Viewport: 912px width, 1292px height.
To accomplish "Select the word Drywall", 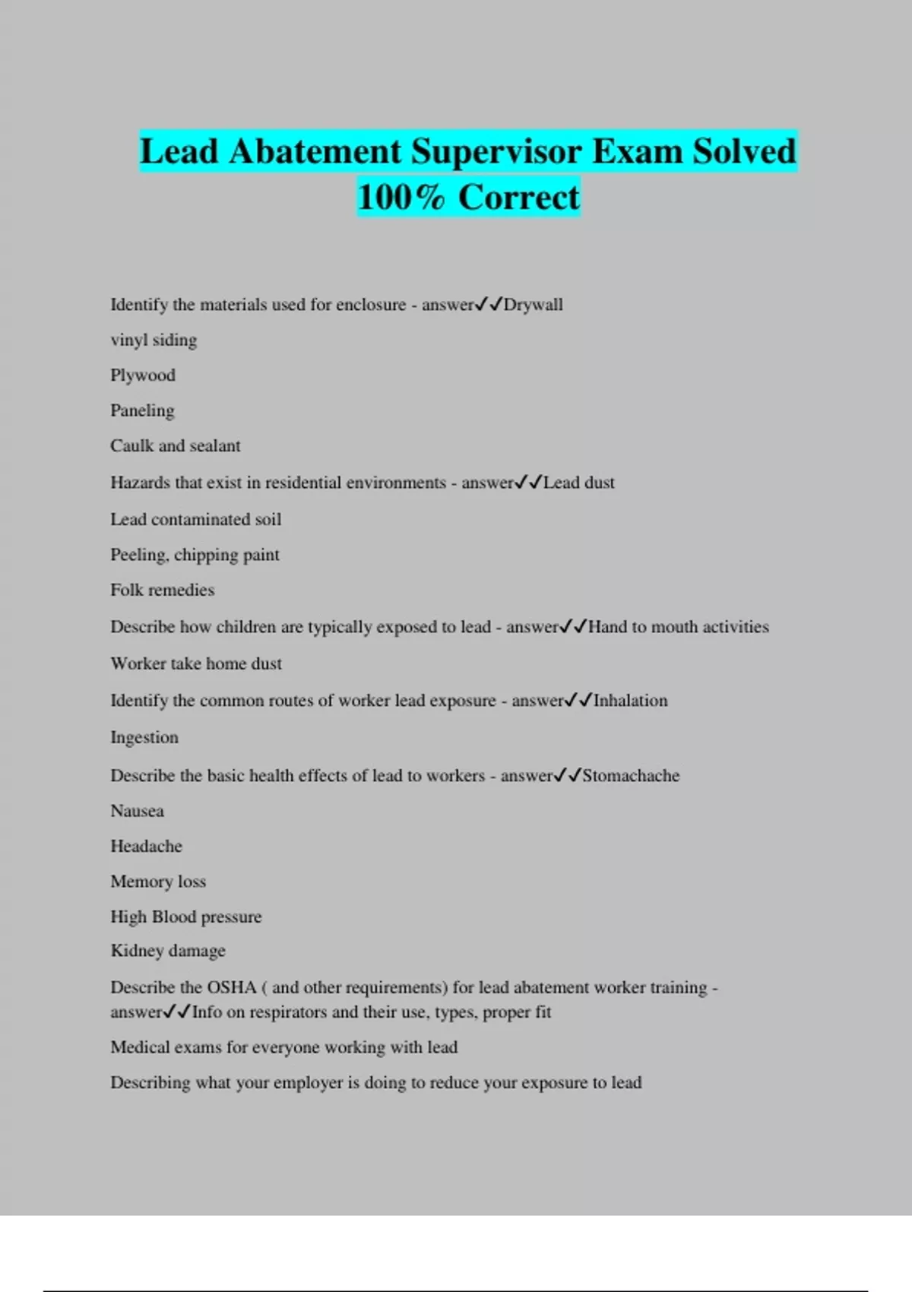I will (533, 305).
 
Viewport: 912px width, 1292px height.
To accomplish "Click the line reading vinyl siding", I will (154, 340).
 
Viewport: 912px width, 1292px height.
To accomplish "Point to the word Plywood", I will (143, 375).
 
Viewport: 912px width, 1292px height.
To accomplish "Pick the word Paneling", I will (142, 410).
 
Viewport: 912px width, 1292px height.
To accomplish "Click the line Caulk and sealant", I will (175, 446).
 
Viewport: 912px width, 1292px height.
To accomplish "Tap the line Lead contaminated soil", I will (195, 520).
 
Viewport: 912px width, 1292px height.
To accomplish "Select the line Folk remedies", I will (162, 590).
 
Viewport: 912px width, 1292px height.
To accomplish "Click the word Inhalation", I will (630, 701).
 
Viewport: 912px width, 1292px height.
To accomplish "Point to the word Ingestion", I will (144, 737).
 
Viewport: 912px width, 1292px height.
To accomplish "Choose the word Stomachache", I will (631, 776).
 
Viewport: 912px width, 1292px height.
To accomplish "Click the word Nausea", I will (137, 811).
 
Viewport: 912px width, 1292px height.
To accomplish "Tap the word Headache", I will (146, 847).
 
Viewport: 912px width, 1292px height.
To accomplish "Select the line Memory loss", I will (158, 882).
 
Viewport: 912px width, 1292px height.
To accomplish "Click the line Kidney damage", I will (168, 951).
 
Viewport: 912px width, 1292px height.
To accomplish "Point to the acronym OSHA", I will (232, 988).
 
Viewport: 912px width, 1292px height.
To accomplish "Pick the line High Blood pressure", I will (185, 917).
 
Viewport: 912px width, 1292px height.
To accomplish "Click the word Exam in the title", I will (637, 152).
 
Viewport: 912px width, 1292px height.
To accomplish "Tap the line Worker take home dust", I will (196, 663).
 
